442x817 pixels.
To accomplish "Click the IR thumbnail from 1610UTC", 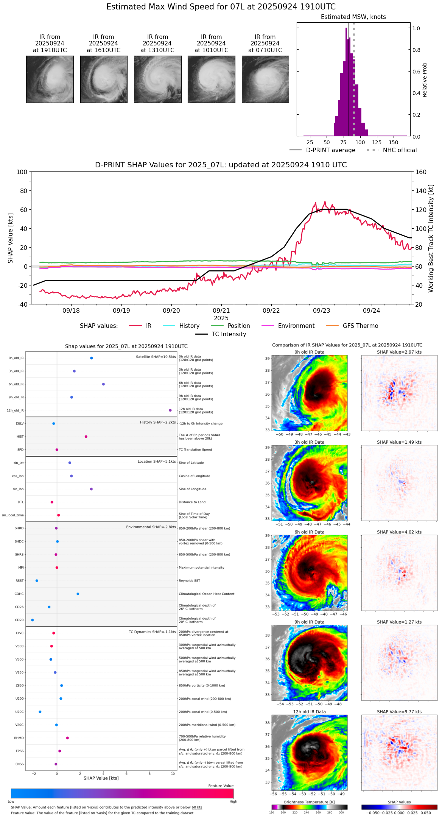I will click(x=104, y=79).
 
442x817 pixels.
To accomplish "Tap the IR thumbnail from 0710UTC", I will click(x=265, y=79).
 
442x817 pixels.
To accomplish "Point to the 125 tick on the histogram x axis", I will click(x=377, y=142).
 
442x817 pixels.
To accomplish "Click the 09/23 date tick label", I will click(x=321, y=310).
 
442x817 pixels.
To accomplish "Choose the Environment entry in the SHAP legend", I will click(x=296, y=326).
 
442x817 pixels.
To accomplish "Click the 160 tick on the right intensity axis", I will click(x=421, y=172).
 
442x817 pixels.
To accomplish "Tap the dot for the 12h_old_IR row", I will click(x=170, y=410).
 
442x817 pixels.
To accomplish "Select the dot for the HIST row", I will click(x=86, y=437).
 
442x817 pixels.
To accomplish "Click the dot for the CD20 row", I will click(x=33, y=620).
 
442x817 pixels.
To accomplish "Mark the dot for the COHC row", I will click(x=78, y=594).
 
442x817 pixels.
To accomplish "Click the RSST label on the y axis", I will click(x=20, y=581).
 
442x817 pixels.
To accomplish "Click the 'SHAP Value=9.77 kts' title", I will click(x=399, y=712).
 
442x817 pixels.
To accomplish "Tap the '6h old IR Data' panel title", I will click(x=309, y=532).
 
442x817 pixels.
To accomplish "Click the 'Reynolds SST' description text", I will click(x=189, y=581).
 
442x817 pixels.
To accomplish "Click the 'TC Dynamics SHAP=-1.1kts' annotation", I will click(x=152, y=632).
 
